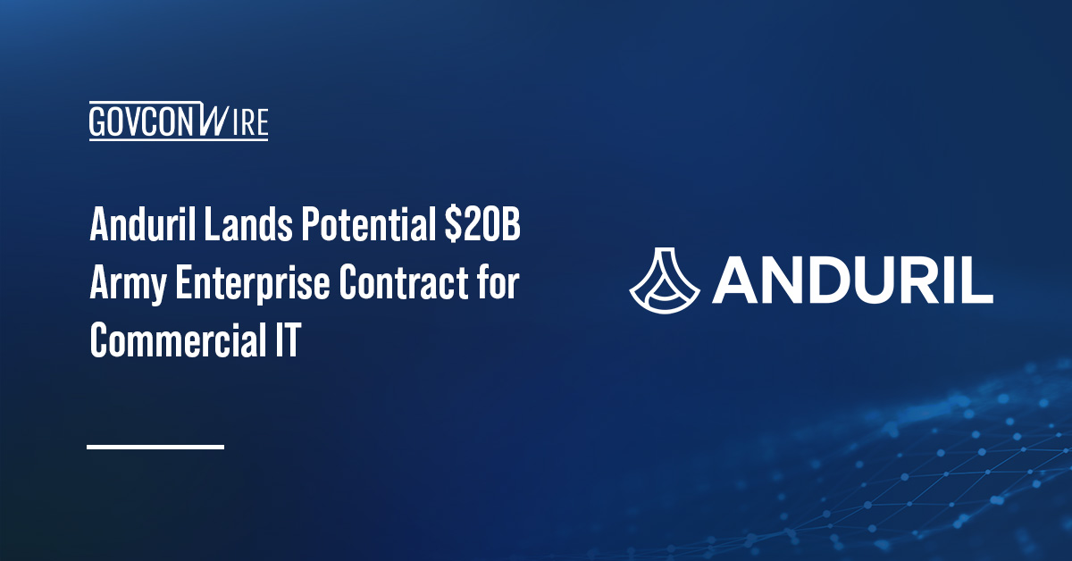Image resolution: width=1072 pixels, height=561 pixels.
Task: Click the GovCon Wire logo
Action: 179,121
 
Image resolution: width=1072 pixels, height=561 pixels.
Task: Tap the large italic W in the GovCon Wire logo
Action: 212,121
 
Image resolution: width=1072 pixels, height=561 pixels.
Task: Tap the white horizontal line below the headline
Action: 155,446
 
